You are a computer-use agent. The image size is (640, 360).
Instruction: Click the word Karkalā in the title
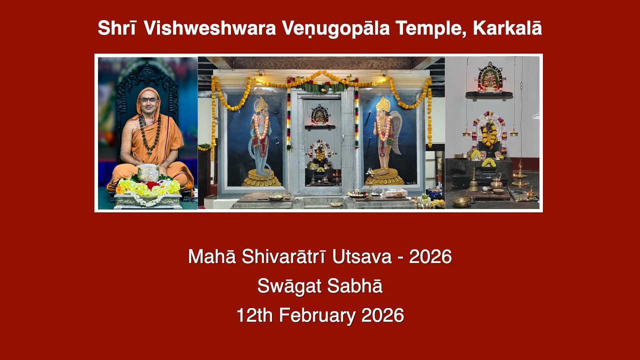click(507, 28)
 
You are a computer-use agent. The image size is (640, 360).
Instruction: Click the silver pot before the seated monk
click(148, 172)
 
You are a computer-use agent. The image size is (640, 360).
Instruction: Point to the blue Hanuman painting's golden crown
click(261, 104)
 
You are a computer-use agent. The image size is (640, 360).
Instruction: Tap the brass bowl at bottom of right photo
click(462, 201)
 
